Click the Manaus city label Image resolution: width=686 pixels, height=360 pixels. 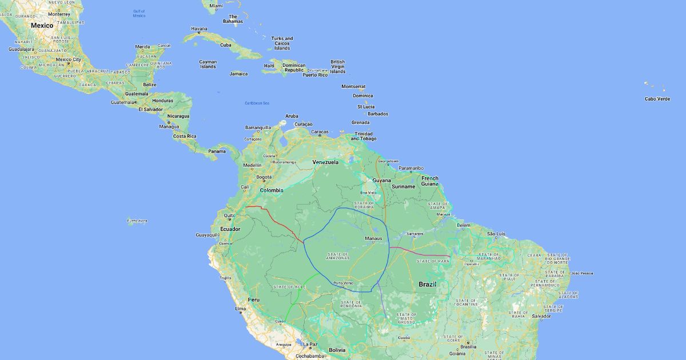373,238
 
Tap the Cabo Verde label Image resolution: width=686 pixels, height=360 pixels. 657,99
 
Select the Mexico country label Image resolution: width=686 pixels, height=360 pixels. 42,25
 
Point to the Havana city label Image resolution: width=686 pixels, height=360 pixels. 199,29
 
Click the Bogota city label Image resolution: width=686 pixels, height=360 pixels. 264,177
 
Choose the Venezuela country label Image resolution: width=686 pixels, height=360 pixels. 325,162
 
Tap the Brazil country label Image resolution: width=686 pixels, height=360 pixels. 428,284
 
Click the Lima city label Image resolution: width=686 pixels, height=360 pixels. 241,309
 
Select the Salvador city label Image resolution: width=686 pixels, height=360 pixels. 541,316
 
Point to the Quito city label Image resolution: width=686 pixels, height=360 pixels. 229,216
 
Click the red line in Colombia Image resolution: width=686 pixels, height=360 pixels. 274,221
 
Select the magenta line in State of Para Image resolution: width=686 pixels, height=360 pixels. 420,253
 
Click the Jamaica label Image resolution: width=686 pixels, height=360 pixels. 238,74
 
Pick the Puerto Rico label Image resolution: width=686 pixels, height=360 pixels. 314,75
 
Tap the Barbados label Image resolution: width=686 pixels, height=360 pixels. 378,114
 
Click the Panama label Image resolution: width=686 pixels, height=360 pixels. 217,151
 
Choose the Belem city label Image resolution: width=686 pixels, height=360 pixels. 464,225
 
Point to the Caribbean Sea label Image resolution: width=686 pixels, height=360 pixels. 257,103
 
